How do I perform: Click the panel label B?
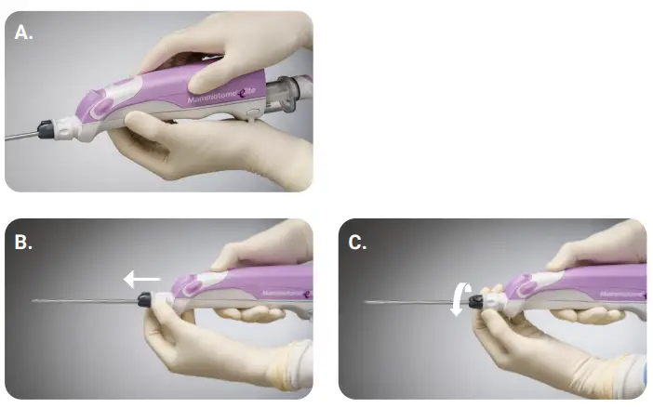click(x=24, y=243)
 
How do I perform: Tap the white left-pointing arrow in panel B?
click(x=142, y=277)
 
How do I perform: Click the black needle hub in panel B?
click(x=145, y=299)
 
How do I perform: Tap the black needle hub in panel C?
click(x=476, y=301)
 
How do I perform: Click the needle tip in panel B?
click(x=34, y=302)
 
